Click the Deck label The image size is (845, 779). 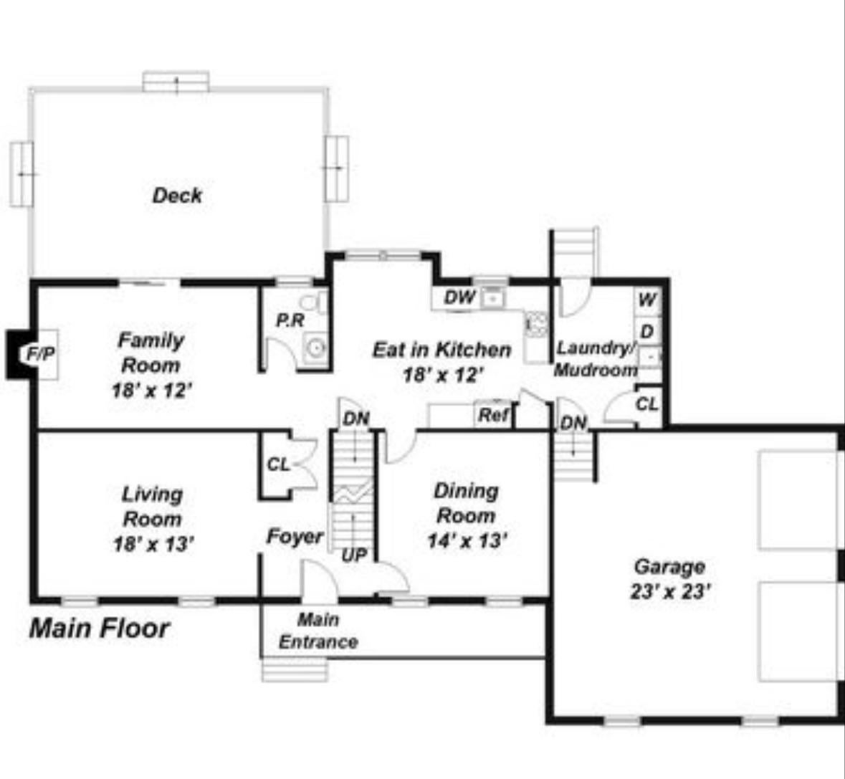point(177,195)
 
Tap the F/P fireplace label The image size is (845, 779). point(40,353)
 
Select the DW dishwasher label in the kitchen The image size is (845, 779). point(460,297)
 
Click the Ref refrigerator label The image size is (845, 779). point(494,415)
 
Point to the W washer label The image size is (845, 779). point(647,300)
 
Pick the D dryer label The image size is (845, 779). point(647,331)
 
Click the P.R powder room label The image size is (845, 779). point(290,320)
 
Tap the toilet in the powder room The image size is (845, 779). point(314,302)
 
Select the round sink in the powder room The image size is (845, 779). point(315,348)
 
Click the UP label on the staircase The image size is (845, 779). point(354,555)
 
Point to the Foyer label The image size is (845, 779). point(295,537)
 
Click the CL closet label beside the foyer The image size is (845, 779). point(279,464)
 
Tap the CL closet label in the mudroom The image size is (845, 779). point(646,404)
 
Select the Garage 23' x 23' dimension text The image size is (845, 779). point(669,592)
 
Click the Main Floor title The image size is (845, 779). point(100,629)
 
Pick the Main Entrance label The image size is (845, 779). point(318,631)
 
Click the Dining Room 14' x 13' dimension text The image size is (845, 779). point(467,541)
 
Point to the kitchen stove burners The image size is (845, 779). point(538,325)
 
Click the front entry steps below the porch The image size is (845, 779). point(295,670)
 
